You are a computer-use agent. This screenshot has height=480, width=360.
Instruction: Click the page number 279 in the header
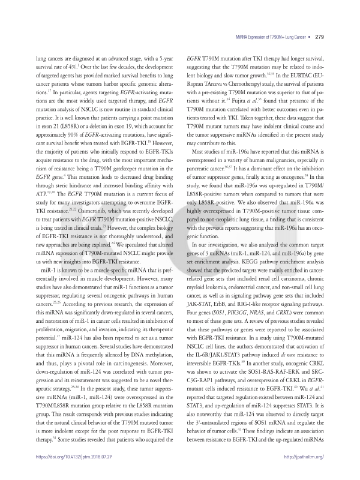(x=319, y=37)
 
